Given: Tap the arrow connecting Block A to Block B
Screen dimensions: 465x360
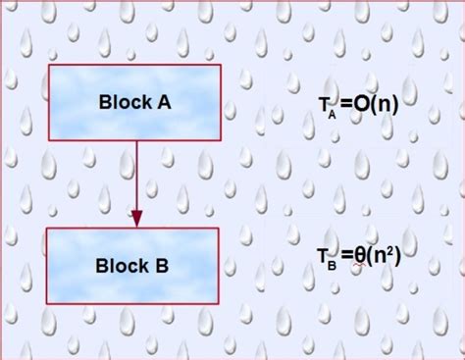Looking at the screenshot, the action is click(136, 177).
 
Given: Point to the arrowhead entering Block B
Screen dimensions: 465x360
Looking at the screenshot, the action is click(136, 218).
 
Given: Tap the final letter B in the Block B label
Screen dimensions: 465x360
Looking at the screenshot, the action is click(161, 265).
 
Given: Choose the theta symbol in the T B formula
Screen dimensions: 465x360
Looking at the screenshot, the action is click(361, 257).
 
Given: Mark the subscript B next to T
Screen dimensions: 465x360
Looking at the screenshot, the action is click(333, 265).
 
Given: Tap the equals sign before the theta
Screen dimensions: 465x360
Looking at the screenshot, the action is click(344, 258).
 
